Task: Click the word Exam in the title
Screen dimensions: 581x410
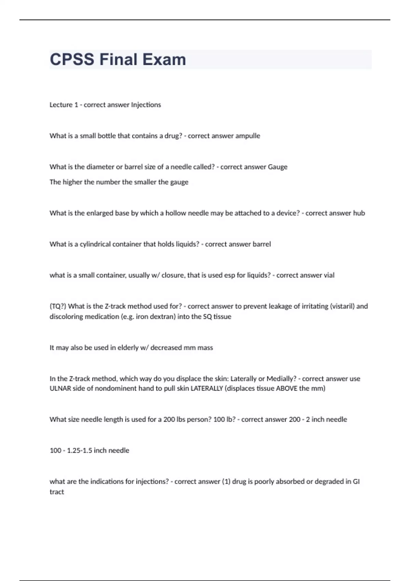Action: pyautogui.click(x=164, y=59)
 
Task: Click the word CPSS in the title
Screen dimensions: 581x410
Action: pyautogui.click(x=72, y=59)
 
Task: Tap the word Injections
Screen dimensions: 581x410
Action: pyautogui.click(x=146, y=105)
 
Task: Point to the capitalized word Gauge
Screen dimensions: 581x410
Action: pyautogui.click(x=277, y=167)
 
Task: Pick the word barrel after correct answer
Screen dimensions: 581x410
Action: pyautogui.click(x=261, y=244)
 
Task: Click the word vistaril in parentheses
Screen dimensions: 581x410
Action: pyautogui.click(x=342, y=306)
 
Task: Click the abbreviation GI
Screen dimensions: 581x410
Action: pyautogui.click(x=356, y=482)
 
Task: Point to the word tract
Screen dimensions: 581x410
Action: pyautogui.click(x=57, y=492)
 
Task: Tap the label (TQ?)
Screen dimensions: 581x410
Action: pyautogui.click(x=58, y=306)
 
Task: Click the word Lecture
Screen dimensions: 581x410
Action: pyautogui.click(x=61, y=105)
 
